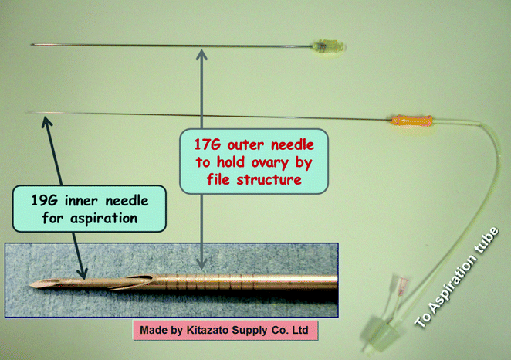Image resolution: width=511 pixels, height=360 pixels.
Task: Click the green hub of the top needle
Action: [x=328, y=46]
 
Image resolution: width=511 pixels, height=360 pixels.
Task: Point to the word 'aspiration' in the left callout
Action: [x=111, y=219]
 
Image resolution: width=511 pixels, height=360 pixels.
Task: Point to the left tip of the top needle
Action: [x=32, y=43]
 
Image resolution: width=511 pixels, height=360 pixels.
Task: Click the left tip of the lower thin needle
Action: [x=28, y=114]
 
